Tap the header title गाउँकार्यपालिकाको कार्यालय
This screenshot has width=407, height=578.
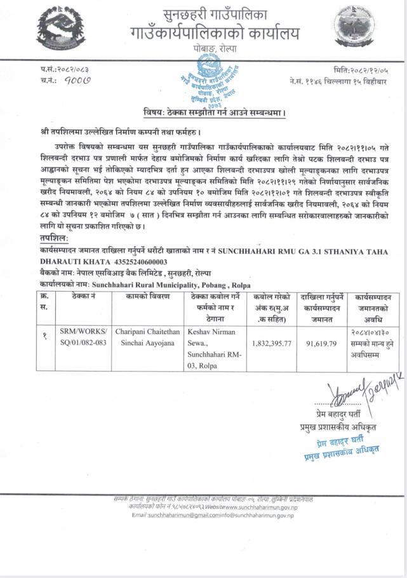pos(212,32)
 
